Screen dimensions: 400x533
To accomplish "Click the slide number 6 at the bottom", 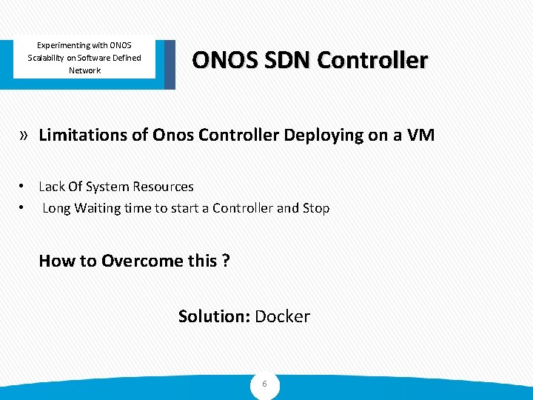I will coord(264,384).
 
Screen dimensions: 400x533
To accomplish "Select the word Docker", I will coord(282,317).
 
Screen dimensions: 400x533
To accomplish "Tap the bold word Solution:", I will coord(214,317).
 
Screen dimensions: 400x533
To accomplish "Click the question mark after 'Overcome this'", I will coord(226,261).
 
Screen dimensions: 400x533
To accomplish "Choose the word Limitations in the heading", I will coord(83,135).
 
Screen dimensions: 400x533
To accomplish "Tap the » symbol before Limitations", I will coord(24,135).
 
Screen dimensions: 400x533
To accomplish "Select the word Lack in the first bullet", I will coord(52,187).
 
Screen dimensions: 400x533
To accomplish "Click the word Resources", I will coord(164,187).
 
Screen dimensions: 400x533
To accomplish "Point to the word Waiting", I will coord(98,208).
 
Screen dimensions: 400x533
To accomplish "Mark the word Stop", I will coord(316,208).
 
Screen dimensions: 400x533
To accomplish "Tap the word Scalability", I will coord(51,58).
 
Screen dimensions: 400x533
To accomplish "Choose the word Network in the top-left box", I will coord(84,70).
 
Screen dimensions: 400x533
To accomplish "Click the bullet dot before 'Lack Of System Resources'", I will coord(24,187).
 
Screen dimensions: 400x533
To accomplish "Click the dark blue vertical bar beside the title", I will coord(170,64).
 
